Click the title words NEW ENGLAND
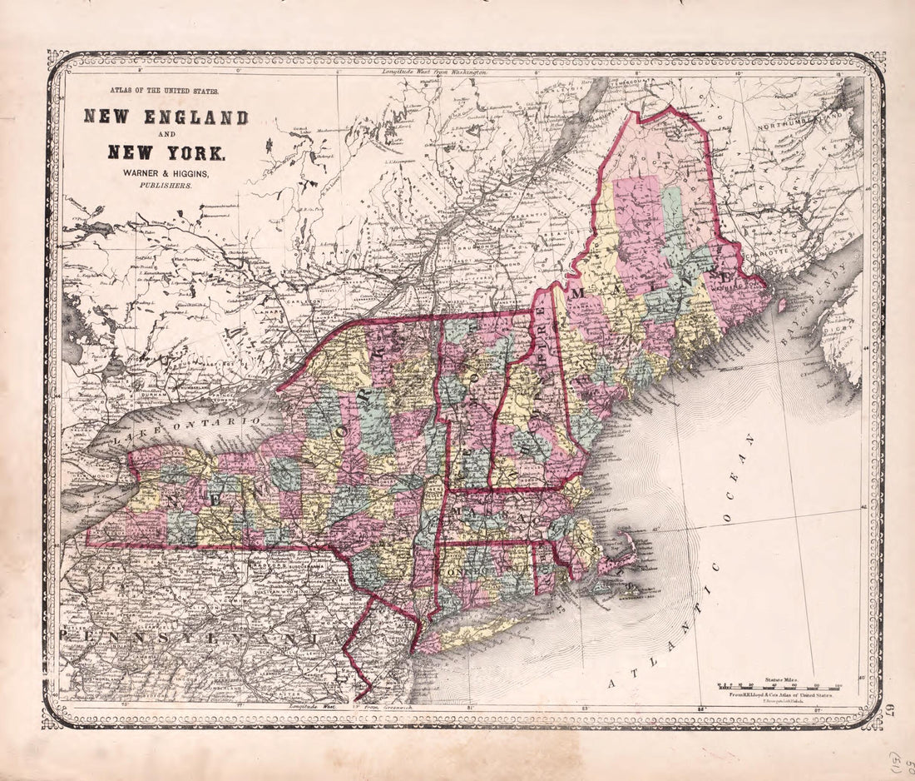[x=166, y=117]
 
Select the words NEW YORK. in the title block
[x=166, y=153]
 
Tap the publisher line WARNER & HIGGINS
[x=166, y=172]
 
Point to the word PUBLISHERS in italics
[x=166, y=187]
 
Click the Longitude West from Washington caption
[x=434, y=73]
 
